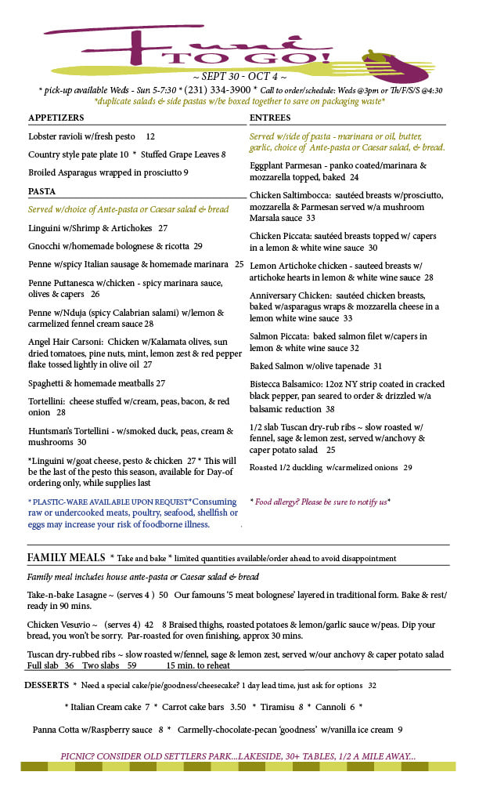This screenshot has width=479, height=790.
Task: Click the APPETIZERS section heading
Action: point(56,118)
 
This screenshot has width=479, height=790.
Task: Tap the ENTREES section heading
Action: point(270,118)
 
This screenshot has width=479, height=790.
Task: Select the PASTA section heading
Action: point(41,191)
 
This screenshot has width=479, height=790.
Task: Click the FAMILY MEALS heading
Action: point(66,557)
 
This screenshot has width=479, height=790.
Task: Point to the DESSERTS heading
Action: point(46,685)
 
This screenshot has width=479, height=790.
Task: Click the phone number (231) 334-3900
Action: point(214,90)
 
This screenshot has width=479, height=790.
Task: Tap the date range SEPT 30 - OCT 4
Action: point(239,77)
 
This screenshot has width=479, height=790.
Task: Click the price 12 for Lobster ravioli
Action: point(150,136)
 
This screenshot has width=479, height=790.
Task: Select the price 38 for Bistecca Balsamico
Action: point(330,409)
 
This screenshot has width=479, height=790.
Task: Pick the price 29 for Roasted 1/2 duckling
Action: point(407,468)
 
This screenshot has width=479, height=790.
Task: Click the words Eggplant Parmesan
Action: point(285,165)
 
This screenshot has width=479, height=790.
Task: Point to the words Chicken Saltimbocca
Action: point(287,195)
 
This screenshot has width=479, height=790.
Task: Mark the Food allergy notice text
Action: point(319,502)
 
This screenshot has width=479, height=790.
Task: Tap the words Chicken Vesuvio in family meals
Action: point(59,625)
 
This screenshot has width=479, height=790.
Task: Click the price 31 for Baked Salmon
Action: point(377,366)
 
